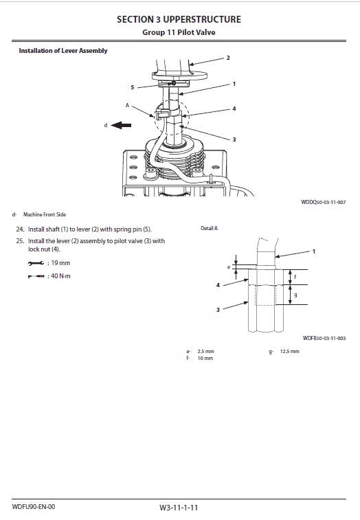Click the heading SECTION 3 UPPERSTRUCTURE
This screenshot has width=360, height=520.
coord(179,19)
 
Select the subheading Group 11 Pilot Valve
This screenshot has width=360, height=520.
coord(179,32)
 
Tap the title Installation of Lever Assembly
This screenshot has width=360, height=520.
coord(63,51)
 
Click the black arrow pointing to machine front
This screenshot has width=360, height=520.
coord(122,125)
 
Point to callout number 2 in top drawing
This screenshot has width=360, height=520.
coord(227,58)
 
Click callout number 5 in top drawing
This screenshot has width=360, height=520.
coord(133,87)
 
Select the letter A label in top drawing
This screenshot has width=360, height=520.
coord(127,105)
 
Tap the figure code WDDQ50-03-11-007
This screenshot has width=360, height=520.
coord(323,203)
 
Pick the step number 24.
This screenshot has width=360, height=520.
coord(20,229)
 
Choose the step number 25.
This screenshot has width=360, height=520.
coord(20,241)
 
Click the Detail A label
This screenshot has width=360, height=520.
coord(209,228)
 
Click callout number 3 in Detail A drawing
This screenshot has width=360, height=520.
coord(218,310)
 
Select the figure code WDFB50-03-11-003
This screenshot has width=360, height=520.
coord(324,338)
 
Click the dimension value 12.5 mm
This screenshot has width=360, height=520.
coord(289,352)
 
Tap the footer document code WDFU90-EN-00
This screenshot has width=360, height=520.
coord(33,507)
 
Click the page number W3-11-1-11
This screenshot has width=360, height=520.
coord(179,508)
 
